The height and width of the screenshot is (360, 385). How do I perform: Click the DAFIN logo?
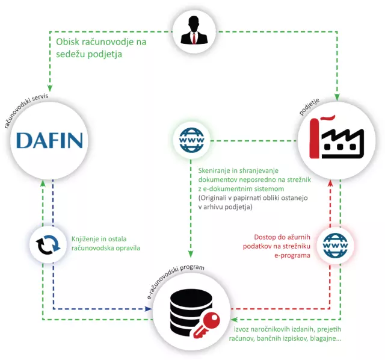click(49, 140)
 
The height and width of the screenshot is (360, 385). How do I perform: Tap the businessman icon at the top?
click(194, 30)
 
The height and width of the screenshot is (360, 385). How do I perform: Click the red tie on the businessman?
click(194, 38)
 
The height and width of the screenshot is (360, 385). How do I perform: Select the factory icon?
click(337, 137)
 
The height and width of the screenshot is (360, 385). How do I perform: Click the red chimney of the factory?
click(315, 138)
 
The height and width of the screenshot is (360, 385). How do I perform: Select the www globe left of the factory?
click(191, 140)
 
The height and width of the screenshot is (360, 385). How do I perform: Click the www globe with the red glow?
click(335, 245)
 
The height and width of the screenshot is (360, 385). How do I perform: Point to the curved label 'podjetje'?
click(309, 107)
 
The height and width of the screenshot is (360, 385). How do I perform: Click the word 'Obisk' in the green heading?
click(67, 42)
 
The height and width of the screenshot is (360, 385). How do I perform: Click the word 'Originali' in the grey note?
click(212, 198)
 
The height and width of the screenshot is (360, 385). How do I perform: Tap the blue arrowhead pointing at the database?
click(149, 309)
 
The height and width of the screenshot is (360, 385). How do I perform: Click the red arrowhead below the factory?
click(330, 183)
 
